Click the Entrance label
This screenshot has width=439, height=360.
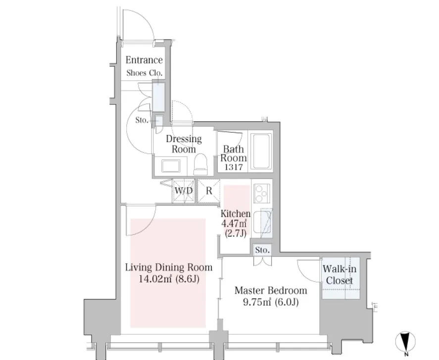(x=144, y=60)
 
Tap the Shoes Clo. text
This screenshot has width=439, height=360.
(x=144, y=73)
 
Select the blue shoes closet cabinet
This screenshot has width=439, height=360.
(x=158, y=97)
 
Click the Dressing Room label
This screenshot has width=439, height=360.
(x=184, y=144)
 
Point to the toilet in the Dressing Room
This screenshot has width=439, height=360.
(x=201, y=162)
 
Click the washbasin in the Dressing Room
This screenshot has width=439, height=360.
(x=170, y=165)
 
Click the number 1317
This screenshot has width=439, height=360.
(x=234, y=167)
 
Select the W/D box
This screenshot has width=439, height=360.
(x=184, y=191)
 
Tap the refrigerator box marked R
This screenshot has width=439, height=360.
(x=209, y=191)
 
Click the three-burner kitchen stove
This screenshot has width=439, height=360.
(x=262, y=193)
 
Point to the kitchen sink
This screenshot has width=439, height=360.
(x=262, y=223)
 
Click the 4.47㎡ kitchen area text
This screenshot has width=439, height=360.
(x=234, y=223)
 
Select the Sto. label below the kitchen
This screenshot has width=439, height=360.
(x=262, y=250)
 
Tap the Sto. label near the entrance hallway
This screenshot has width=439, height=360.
(x=142, y=120)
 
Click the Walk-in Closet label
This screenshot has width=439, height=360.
(x=340, y=274)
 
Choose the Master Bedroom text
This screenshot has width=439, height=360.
(x=271, y=290)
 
